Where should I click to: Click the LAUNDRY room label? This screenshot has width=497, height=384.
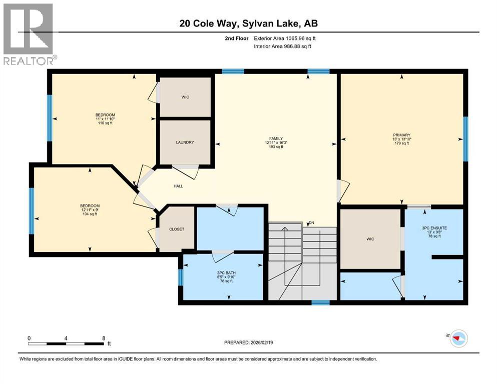click(x=185, y=142)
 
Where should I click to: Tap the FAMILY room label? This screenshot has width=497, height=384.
click(x=276, y=138)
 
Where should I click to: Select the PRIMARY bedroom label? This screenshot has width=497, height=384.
click(x=401, y=135)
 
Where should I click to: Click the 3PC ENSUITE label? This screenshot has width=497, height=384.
click(x=434, y=227)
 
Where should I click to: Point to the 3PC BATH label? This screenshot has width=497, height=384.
click(x=223, y=272)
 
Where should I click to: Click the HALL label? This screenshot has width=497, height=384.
click(x=178, y=186)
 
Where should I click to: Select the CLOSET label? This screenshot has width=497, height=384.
click(x=176, y=229)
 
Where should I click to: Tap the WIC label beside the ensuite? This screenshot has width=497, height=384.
click(x=370, y=239)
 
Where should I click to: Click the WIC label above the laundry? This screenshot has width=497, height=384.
click(x=185, y=97)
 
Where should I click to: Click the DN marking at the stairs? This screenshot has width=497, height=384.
click(x=312, y=222)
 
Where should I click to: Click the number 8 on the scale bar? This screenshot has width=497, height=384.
click(x=103, y=338)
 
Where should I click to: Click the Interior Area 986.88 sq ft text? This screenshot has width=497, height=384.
click(x=283, y=46)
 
